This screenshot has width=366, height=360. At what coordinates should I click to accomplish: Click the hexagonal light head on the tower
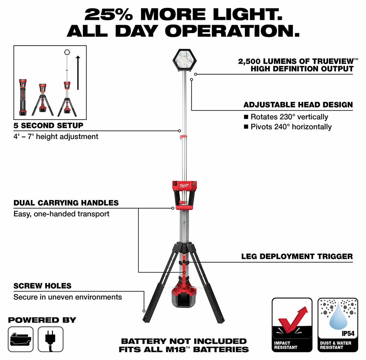tap(184, 60)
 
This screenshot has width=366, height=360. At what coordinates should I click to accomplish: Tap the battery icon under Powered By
tap(21, 339)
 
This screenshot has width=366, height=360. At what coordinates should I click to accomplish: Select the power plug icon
tap(50, 339)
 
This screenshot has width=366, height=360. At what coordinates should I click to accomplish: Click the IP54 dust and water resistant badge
tap(338, 325)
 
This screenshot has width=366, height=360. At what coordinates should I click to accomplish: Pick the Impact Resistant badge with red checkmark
tap(292, 325)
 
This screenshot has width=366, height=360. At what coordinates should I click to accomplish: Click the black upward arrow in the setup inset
tap(78, 73)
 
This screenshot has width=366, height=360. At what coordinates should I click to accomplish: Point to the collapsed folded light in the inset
tap(23, 97)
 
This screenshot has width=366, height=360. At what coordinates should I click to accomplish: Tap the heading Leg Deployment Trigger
tap(297, 257)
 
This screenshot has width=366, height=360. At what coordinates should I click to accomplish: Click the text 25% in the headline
tap(109, 15)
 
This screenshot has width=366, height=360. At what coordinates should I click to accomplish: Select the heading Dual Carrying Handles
tap(66, 203)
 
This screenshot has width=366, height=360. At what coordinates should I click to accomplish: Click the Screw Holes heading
tap(42, 286)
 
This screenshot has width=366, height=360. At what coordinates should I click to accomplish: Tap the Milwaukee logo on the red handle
tap(184, 185)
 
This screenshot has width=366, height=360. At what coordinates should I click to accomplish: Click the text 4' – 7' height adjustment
tap(56, 136)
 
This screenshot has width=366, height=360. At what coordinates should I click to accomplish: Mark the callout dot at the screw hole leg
tap(144, 311)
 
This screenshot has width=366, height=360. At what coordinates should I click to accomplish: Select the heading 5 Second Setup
tap(48, 125)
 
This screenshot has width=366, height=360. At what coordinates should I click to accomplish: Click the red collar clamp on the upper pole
tap(184, 137)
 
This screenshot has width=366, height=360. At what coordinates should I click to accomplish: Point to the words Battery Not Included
tap(184, 341)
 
